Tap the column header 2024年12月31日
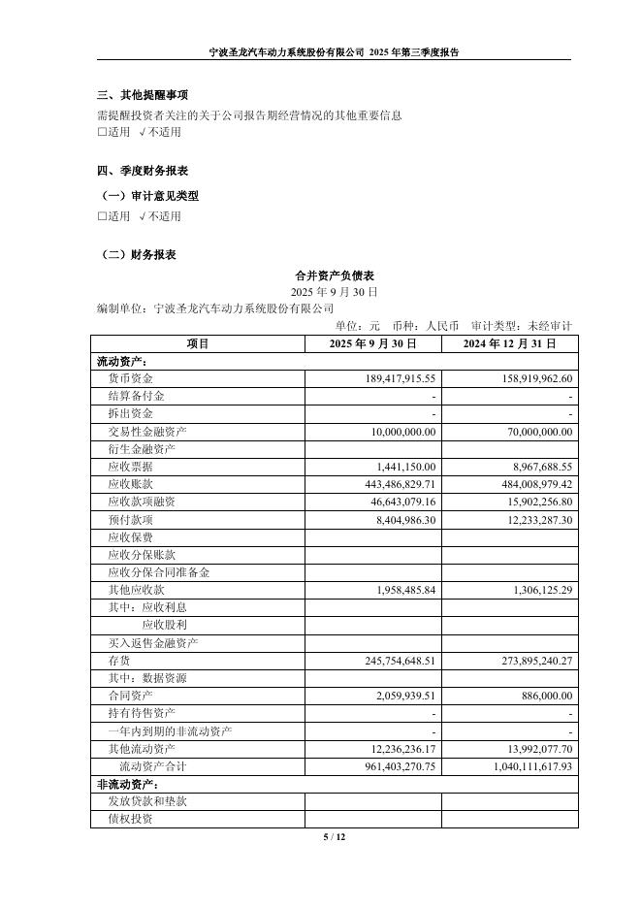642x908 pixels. [509, 343]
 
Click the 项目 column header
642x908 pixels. [198, 343]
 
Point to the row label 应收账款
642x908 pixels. [130, 484]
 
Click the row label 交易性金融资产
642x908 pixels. [147, 432]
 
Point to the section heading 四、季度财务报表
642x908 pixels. [143, 171]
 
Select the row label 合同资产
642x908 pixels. [130, 696]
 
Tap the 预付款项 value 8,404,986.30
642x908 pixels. [394, 519]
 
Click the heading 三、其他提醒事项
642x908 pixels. [143, 95]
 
